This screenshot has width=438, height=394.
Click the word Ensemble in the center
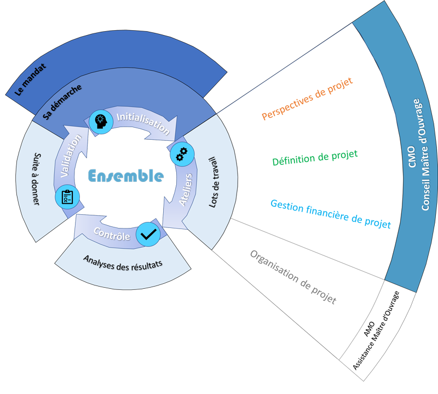click(126, 176)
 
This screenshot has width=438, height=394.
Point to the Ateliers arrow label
click(186, 190)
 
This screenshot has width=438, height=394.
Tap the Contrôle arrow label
click(111, 234)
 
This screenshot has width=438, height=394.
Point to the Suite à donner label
click(36, 179)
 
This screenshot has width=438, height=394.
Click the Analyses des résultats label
click(123, 261)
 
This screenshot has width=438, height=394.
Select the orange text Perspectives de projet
click(307, 99)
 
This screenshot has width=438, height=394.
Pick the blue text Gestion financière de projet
click(331, 214)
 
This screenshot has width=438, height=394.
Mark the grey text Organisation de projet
click(293, 278)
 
